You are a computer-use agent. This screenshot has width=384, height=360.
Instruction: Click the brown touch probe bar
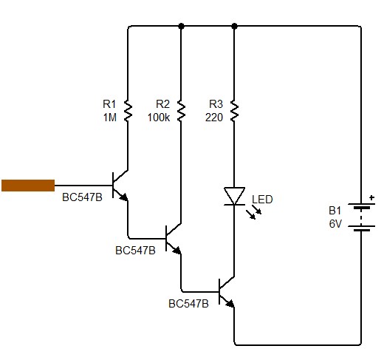(x=28, y=186)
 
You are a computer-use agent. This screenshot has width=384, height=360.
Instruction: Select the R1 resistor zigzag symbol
(x=128, y=111)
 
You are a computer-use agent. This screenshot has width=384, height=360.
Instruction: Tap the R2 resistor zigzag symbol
(x=181, y=111)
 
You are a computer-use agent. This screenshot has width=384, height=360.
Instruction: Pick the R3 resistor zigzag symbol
(x=234, y=111)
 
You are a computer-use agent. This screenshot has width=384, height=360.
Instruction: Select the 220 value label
(x=215, y=118)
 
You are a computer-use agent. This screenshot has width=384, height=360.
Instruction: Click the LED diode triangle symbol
(x=234, y=195)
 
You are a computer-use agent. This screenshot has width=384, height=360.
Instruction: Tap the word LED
(x=262, y=200)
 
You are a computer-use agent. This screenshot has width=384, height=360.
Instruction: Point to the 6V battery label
(x=336, y=224)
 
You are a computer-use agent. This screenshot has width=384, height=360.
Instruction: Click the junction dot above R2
(x=181, y=26)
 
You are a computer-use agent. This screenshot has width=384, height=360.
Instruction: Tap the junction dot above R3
(x=234, y=26)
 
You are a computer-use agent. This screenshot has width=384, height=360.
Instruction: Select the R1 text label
(x=109, y=105)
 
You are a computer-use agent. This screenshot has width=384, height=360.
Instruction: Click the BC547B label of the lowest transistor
(x=188, y=304)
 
